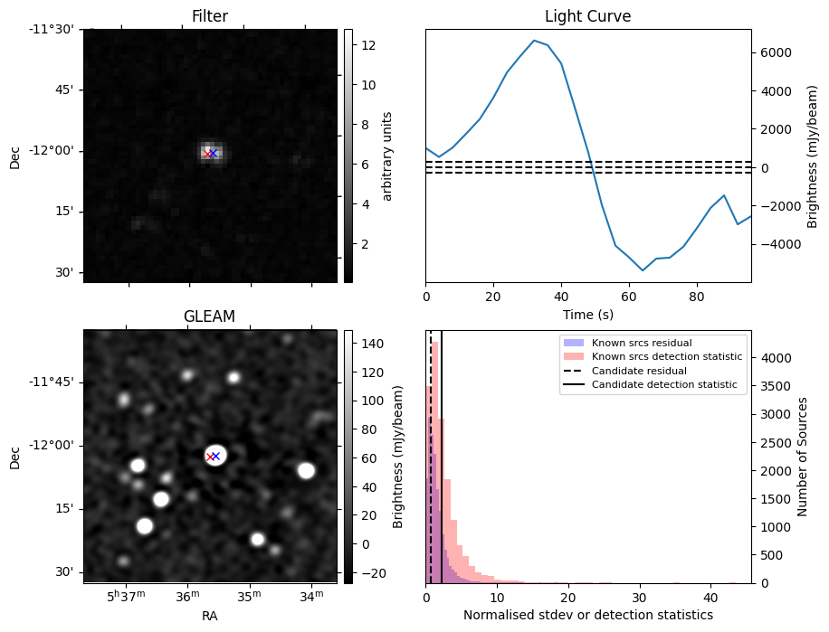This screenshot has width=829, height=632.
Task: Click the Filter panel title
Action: click(x=209, y=16)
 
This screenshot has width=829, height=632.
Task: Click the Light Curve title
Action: click(x=587, y=16)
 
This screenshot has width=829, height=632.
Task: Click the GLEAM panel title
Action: click(x=209, y=316)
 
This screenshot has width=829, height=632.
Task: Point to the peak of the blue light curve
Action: click(x=534, y=41)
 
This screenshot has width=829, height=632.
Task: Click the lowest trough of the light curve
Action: click(x=643, y=270)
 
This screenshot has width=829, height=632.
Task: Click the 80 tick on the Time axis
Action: click(x=697, y=296)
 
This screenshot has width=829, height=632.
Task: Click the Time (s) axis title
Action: click(x=587, y=313)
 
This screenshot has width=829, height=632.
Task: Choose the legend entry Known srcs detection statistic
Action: click(x=666, y=357)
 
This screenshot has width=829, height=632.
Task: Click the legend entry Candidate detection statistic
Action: click(x=663, y=385)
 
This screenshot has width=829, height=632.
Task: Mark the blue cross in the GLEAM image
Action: click(x=215, y=456)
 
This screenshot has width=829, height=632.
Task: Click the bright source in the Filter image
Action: click(x=211, y=153)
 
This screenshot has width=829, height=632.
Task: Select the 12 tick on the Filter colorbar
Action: click(x=362, y=44)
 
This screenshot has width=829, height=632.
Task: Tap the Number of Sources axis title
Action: click(x=803, y=456)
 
